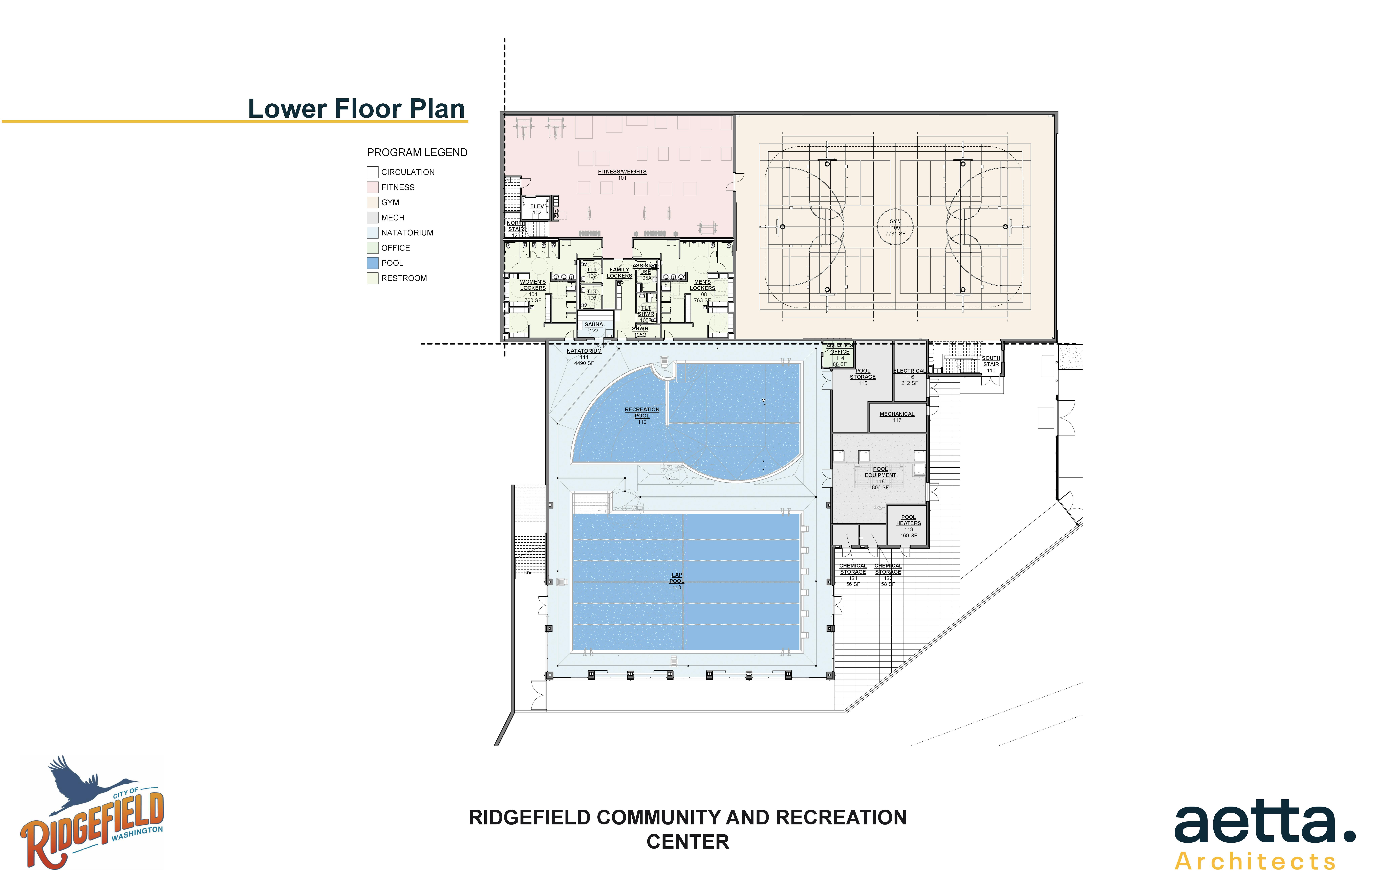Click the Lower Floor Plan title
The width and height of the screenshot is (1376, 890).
(356, 109)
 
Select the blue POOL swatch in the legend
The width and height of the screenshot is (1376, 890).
(372, 263)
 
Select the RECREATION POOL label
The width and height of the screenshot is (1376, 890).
(642, 413)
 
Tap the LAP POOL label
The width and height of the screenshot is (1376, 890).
(676, 578)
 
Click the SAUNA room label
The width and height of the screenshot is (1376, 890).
(594, 325)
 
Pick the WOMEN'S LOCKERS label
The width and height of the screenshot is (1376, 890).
(532, 285)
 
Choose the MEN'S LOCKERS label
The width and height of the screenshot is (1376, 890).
(702, 285)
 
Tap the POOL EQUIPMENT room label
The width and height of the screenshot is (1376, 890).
(880, 472)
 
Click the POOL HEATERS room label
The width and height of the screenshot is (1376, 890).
(908, 520)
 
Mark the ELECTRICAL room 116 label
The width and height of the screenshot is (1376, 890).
(909, 371)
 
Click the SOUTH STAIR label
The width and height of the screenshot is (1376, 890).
(991, 361)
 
